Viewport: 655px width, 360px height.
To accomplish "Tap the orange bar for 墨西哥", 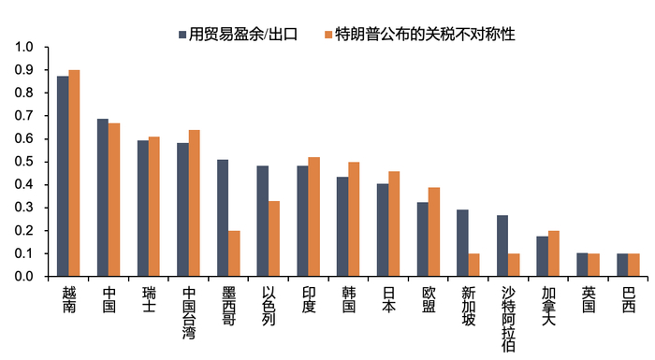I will pyautogui.click(x=234, y=253).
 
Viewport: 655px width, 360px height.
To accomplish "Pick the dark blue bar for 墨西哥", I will pyautogui.click(x=223, y=218).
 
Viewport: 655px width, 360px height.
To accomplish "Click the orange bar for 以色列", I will pyautogui.click(x=274, y=238).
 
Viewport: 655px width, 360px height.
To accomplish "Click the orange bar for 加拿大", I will pyautogui.click(x=555, y=253).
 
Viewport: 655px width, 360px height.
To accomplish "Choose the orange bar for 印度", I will pyautogui.click(x=314, y=217).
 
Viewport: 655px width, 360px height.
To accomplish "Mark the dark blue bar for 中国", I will pyautogui.click(x=103, y=197).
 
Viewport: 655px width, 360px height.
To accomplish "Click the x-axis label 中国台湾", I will pyautogui.click(x=189, y=312).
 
